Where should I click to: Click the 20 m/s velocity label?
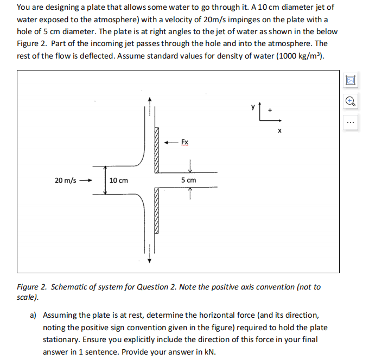point(65,180)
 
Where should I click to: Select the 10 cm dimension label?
point(119,180)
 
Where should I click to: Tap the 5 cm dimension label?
point(189,180)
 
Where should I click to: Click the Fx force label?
point(184,143)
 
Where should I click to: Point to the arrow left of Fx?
point(171,143)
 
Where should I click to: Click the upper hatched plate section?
point(157,150)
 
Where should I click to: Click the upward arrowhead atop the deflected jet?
point(150,100)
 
